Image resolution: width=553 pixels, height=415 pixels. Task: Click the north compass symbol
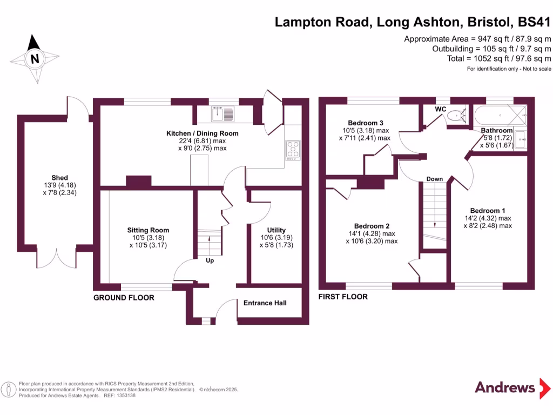click(35, 59)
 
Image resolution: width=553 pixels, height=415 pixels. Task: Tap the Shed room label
click(59, 178)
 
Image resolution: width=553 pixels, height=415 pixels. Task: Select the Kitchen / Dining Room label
click(203, 133)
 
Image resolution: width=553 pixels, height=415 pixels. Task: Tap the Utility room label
click(276, 230)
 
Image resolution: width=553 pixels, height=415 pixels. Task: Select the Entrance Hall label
click(265, 303)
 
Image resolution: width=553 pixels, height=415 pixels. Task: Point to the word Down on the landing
click(435, 179)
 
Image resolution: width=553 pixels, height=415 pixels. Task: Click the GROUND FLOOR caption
click(124, 298)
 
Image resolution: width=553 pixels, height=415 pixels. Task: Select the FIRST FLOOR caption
click(343, 297)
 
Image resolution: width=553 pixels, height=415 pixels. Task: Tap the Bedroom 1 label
click(488, 211)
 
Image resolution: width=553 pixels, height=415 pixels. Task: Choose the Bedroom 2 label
click(372, 226)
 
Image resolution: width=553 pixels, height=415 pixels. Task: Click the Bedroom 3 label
click(366, 123)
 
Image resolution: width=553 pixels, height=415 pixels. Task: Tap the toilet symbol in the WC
click(460, 115)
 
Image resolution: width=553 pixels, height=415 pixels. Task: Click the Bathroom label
click(497, 131)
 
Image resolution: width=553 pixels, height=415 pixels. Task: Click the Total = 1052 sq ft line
click(499, 58)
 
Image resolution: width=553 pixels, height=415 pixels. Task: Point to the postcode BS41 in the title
click(534, 22)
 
